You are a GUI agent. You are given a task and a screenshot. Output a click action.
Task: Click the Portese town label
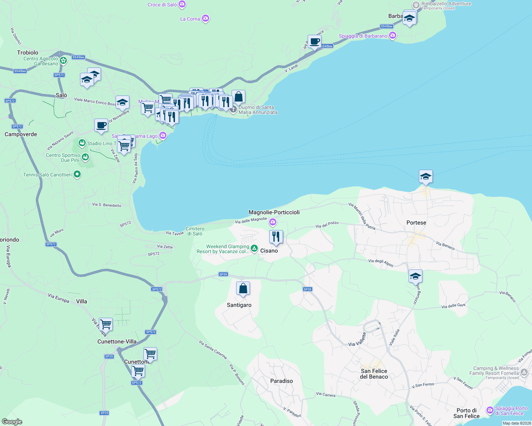tap(416, 223)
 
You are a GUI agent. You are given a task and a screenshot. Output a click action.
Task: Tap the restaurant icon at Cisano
tap(276, 236)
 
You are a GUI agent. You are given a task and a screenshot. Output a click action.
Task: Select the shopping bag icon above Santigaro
tap(243, 289)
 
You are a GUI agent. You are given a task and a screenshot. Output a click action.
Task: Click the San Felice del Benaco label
tap(374, 374)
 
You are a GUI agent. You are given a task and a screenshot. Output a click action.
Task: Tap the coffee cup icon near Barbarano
tap(314, 42)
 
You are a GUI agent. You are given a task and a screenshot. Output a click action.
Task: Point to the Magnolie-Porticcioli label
tap(274, 212)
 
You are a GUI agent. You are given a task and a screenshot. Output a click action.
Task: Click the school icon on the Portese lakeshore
tap(426, 176)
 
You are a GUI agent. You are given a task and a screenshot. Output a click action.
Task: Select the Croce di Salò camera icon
tap(182, 4)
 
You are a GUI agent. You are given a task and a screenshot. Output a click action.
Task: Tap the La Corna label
tap(190, 19)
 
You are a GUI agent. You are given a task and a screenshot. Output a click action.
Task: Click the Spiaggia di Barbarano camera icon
tap(393, 35)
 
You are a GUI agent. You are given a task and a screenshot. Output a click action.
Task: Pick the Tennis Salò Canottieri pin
tap(77, 174)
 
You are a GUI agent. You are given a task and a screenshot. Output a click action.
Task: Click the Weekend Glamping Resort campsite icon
tap(254, 248)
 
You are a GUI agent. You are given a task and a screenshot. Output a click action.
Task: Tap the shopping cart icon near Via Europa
tap(106, 324)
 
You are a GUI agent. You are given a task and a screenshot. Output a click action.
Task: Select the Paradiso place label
tap(281, 381)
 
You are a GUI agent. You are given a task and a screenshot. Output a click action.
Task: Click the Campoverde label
tap(21, 134)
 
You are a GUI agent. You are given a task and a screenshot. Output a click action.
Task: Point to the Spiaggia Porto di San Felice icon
tap(490, 411)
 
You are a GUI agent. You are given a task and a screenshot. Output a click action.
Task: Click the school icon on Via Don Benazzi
tap(415, 276)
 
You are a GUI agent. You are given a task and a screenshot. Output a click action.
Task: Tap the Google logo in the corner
tap(12, 422)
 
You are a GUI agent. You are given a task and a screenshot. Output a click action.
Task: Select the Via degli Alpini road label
tap(381, 263)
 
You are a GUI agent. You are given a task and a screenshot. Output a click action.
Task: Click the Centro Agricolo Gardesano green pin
tap(63, 61)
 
